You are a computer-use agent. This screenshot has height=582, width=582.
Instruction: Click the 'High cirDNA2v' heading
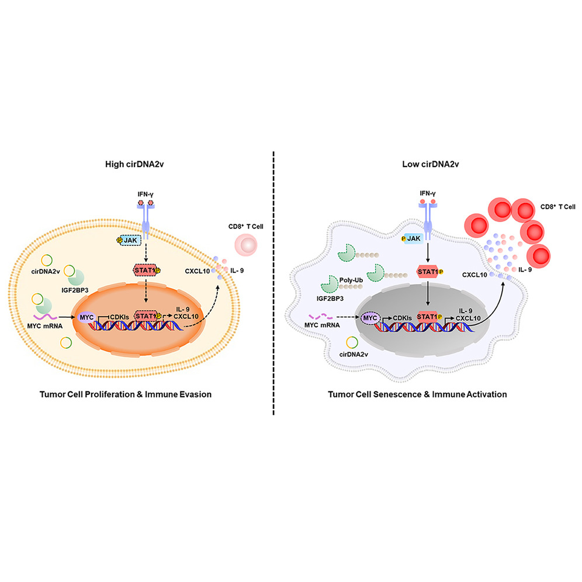(x=134, y=164)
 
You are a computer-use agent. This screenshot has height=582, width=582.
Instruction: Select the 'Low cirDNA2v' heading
(x=431, y=164)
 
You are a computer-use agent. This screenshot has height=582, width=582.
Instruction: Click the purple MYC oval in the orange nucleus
(x=86, y=317)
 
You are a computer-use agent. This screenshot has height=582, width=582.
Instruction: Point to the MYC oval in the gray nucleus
(x=370, y=318)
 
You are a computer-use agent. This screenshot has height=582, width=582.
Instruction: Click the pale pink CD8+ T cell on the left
(x=246, y=245)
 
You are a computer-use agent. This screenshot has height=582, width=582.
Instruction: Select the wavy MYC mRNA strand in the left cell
(x=45, y=317)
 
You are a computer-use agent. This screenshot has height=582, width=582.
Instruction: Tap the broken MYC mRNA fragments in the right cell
(x=321, y=317)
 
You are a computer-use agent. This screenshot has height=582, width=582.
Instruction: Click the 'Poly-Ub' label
(x=351, y=280)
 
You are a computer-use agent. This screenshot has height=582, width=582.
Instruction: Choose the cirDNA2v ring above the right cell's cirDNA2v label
(x=352, y=342)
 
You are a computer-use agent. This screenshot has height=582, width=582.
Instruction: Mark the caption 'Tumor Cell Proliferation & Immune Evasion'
(x=126, y=394)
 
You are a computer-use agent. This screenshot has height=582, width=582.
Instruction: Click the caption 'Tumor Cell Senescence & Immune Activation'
(x=417, y=394)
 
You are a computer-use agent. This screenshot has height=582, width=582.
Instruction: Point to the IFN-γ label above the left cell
(x=145, y=194)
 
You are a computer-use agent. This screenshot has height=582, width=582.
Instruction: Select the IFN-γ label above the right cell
(x=428, y=193)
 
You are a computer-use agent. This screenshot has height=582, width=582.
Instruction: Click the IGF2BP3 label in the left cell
(x=75, y=290)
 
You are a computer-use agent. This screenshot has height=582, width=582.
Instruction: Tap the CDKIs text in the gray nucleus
(x=403, y=318)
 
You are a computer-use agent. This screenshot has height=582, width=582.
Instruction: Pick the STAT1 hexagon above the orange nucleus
(x=146, y=270)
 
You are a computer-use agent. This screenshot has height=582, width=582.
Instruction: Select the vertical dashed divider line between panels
(x=273, y=283)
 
